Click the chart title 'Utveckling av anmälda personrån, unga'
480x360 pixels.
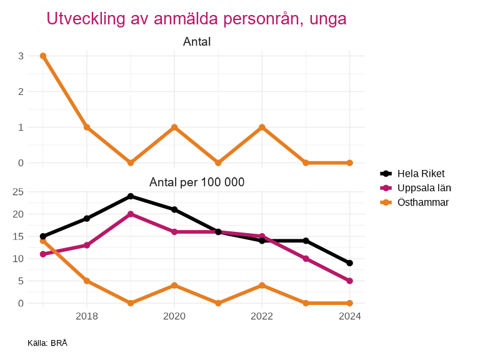[x=196, y=19]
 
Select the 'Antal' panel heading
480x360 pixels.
[x=196, y=42]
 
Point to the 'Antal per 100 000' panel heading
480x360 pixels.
[x=196, y=182]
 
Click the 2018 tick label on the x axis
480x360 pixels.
[x=87, y=316]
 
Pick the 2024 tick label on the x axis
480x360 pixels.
[x=349, y=316]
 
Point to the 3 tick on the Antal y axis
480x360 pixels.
[x=21, y=56]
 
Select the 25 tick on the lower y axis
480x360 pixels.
[x=18, y=192]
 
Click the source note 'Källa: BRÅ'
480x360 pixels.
[x=47, y=343]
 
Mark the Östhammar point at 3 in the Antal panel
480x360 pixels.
[x=43, y=56]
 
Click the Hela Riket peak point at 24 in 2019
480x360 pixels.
[x=131, y=196]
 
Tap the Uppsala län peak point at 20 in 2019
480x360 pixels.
[x=131, y=214]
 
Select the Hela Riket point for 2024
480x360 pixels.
[x=349, y=263]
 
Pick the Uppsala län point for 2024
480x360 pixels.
[x=349, y=281]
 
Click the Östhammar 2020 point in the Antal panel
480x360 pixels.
[x=174, y=127]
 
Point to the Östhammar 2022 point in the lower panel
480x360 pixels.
[x=262, y=286]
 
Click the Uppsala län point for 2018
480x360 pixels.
[x=87, y=246]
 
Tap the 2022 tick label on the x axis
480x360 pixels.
[x=262, y=316]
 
